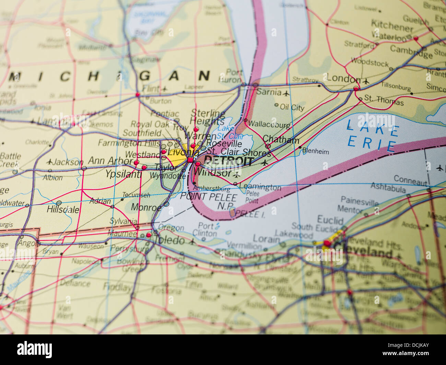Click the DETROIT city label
coord(228,161)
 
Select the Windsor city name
coord(213,173)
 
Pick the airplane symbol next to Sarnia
coord(286,93)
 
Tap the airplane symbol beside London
coord(366,81)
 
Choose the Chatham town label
coord(281,140)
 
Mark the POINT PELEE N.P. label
coord(208,201)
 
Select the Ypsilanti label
coord(123,174)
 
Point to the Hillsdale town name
coord(63,209)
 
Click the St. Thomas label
coord(384,100)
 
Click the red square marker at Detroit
coord(190,160)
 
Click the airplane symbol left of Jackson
coord(50,162)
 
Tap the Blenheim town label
coord(315,151)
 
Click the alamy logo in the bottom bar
coord(34,350)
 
